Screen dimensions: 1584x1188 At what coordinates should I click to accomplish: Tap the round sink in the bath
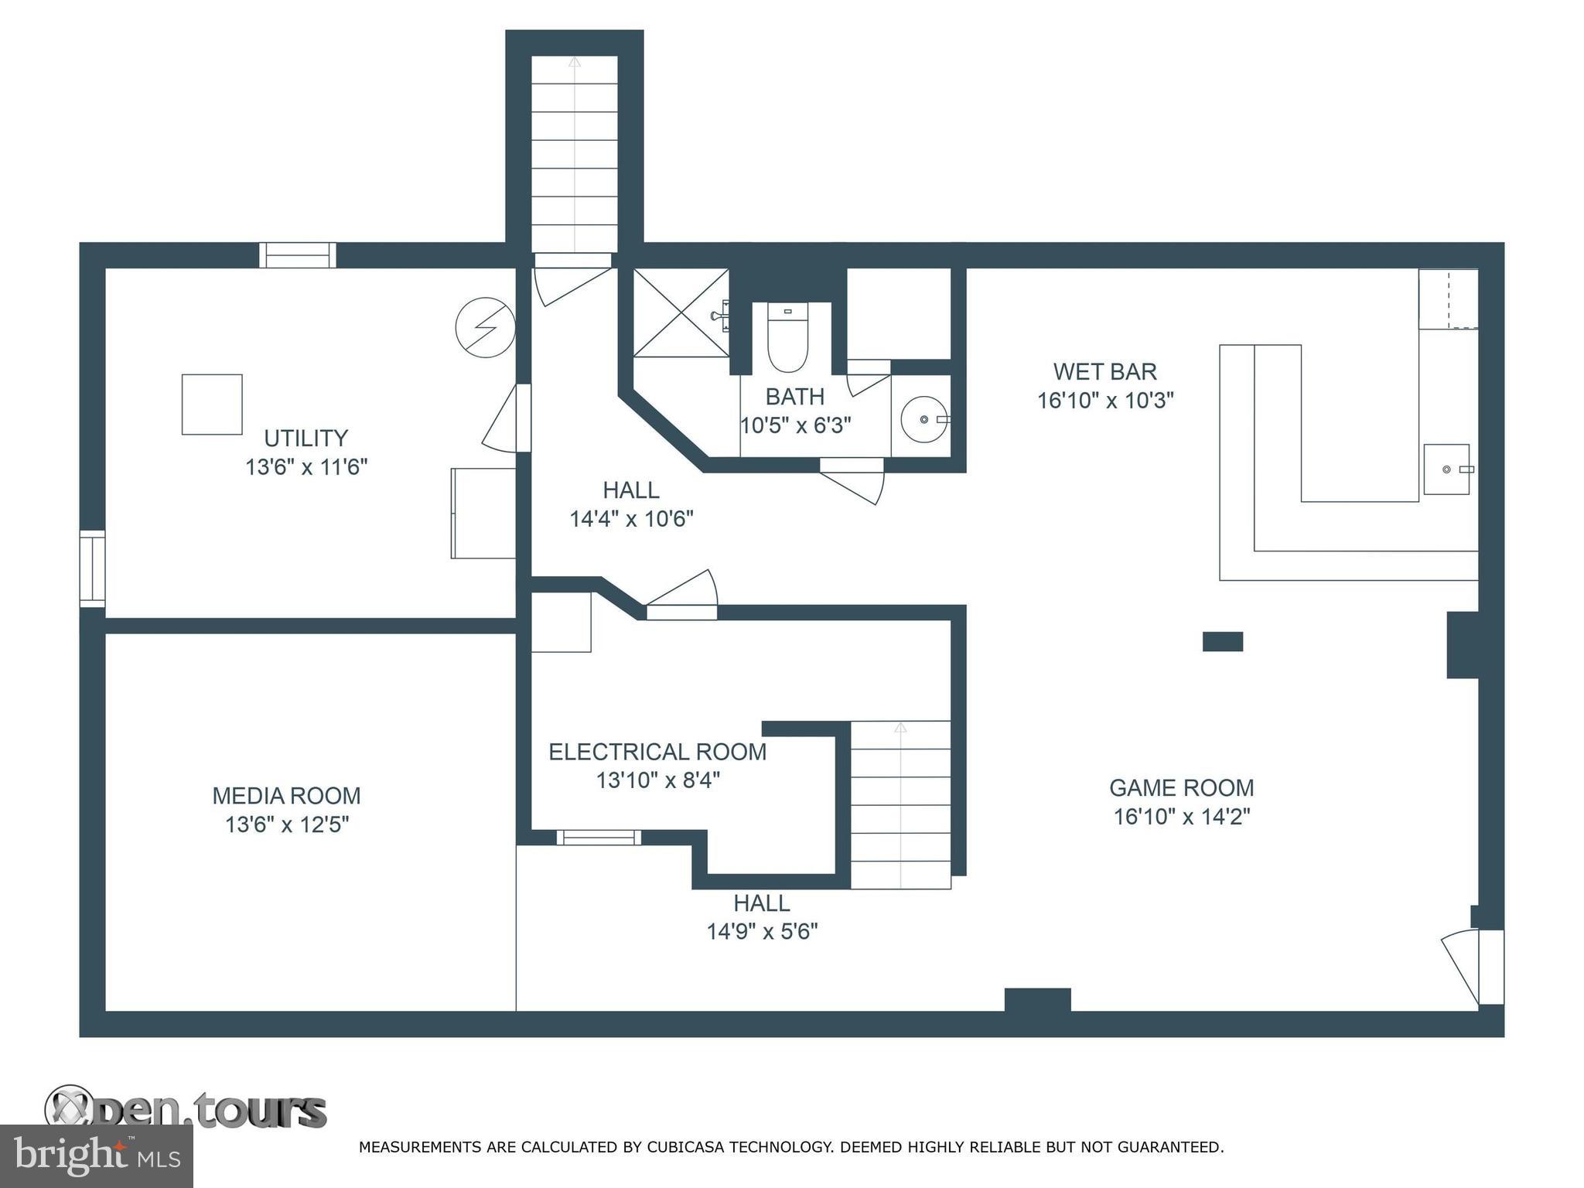click(x=924, y=419)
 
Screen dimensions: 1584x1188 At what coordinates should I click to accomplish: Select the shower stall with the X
click(x=681, y=312)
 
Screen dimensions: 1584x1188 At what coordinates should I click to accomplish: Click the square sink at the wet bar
click(x=1446, y=469)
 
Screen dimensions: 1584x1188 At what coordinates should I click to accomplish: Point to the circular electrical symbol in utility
click(x=485, y=328)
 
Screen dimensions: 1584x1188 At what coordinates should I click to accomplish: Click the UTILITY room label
click(x=306, y=439)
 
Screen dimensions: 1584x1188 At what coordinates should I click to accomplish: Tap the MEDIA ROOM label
click(x=287, y=796)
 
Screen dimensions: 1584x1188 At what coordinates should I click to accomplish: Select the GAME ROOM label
click(x=1181, y=788)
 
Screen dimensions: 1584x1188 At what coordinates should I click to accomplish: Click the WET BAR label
click(x=1105, y=372)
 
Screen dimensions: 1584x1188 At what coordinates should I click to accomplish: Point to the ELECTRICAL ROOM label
click(x=657, y=752)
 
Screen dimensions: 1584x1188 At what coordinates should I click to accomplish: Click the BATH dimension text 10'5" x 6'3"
click(x=796, y=425)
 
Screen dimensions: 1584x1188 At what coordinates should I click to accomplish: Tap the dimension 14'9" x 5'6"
click(x=763, y=931)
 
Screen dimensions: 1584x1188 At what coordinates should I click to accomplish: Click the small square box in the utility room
click(x=212, y=405)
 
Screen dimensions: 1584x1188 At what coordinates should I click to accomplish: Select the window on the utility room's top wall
click(x=298, y=255)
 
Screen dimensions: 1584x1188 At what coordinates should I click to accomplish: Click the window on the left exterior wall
click(x=92, y=568)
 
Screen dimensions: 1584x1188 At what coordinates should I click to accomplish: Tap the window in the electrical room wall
click(x=599, y=837)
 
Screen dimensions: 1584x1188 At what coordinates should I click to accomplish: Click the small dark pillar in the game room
click(x=1223, y=641)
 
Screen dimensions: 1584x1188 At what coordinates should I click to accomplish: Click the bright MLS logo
click(x=97, y=1156)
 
